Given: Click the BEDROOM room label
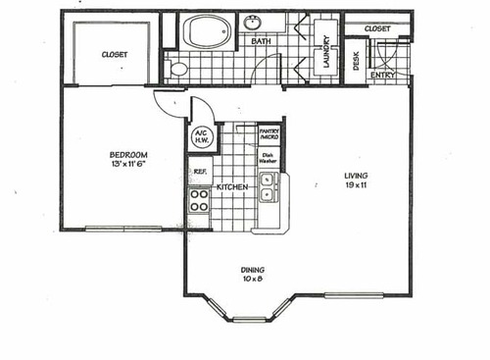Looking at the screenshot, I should [x=127, y=154].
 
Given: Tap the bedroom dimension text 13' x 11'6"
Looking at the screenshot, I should [x=127, y=165].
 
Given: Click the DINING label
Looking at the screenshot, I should [x=254, y=270].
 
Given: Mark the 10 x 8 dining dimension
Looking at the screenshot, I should [x=254, y=280].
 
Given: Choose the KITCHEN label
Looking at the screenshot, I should [x=231, y=186].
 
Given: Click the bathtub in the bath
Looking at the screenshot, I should [x=208, y=31].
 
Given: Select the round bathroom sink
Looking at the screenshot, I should [x=256, y=21].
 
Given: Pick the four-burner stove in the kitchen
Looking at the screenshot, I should [x=199, y=200].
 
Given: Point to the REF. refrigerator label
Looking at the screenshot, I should [x=199, y=172].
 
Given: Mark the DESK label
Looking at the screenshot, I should [x=355, y=61].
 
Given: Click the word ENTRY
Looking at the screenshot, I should [x=382, y=75].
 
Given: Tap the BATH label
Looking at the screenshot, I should [x=261, y=42].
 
